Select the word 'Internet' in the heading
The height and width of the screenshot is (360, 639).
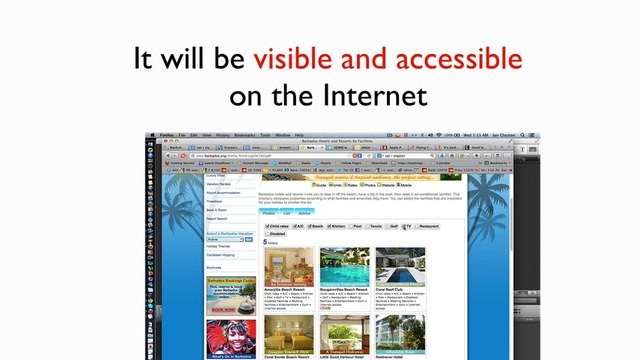point(375,96)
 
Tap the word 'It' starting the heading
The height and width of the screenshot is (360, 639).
point(146,60)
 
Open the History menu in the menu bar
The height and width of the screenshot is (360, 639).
point(222,135)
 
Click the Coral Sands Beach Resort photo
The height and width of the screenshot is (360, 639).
point(287,334)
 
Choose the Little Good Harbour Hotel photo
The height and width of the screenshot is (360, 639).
point(344,334)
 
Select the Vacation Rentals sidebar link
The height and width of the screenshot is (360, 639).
point(219,185)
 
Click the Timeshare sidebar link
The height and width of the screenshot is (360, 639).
point(216,201)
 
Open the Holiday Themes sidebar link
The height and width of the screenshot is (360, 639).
point(218,247)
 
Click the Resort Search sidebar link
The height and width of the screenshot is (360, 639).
point(217,218)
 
